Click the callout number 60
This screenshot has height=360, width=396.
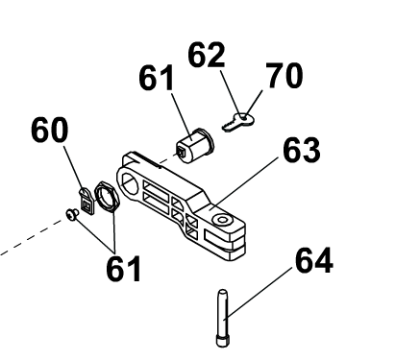pos(50,129)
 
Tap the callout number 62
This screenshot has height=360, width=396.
pos(207,55)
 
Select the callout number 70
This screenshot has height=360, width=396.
pos(284,76)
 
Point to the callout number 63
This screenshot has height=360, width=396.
pos(302,150)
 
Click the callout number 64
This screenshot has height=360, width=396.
pos(314,260)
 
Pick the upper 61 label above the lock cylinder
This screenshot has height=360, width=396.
pos(157,78)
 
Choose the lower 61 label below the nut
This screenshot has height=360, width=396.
pos(123,269)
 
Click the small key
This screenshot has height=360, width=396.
pos(237,123)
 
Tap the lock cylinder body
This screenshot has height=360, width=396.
pos(195,145)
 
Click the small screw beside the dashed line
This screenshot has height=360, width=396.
pos(72,214)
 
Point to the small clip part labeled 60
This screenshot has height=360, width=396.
pos(87,202)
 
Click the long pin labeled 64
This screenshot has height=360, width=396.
pos(222,318)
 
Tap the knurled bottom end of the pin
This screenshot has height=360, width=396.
pos(222,341)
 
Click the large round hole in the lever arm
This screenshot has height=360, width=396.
pos(129,182)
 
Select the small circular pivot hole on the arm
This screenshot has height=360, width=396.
pos(222,220)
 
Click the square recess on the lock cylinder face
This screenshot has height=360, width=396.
pos(182,151)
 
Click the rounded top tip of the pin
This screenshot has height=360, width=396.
pos(222,292)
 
